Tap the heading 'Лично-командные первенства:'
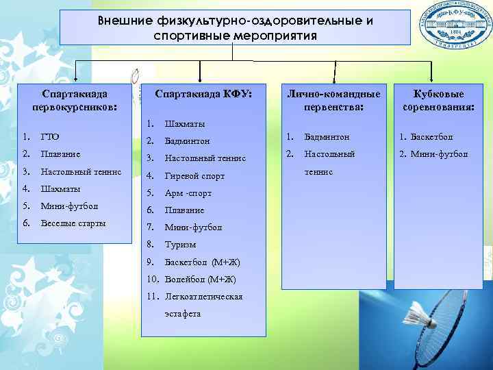[x=333, y=100]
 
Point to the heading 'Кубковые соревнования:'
[x=439, y=100]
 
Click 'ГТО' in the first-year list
[x=50, y=137]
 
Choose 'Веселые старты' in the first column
[x=73, y=223]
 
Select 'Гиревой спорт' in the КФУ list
[x=194, y=176]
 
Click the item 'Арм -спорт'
[x=188, y=193]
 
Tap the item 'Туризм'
[x=180, y=245]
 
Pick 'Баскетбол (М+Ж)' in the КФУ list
[x=202, y=262]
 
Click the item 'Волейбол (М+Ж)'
[x=200, y=279]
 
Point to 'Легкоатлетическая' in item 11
[x=204, y=296]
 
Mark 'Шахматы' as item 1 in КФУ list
[x=184, y=124]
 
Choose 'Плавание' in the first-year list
[x=60, y=154]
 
